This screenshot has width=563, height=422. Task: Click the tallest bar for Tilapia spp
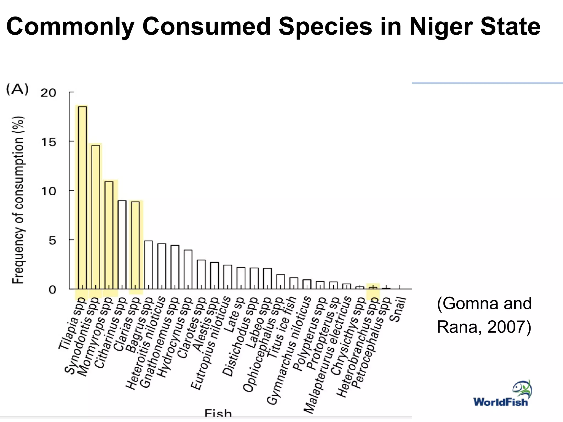point(82,198)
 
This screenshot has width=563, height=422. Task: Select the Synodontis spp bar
point(95,217)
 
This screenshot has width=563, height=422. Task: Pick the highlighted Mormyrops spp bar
point(109,235)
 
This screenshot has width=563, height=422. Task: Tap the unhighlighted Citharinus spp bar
point(122,245)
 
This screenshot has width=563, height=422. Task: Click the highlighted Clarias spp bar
point(135,245)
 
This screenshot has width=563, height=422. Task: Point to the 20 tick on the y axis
point(48,93)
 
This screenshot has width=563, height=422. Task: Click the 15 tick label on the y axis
point(48,142)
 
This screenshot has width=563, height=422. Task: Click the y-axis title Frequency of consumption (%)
point(19,200)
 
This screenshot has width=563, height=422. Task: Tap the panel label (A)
point(17,90)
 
